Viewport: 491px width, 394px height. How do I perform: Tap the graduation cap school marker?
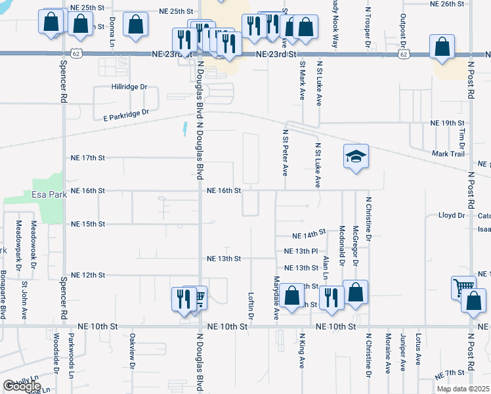click(x=356, y=158)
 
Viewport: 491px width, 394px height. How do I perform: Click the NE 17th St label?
click(x=88, y=158)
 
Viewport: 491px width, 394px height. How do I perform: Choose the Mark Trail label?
click(x=448, y=154)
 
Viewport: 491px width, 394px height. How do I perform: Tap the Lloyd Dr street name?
click(x=451, y=215)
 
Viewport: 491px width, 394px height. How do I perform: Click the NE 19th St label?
click(x=447, y=123)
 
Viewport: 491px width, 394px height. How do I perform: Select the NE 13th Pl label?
click(x=301, y=252)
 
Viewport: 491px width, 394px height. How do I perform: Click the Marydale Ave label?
click(x=276, y=298)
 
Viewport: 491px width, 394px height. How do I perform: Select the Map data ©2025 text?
click(x=462, y=389)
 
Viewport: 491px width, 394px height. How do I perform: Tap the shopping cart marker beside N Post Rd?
click(x=463, y=287)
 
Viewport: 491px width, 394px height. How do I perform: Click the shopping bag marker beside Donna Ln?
click(x=135, y=25)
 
